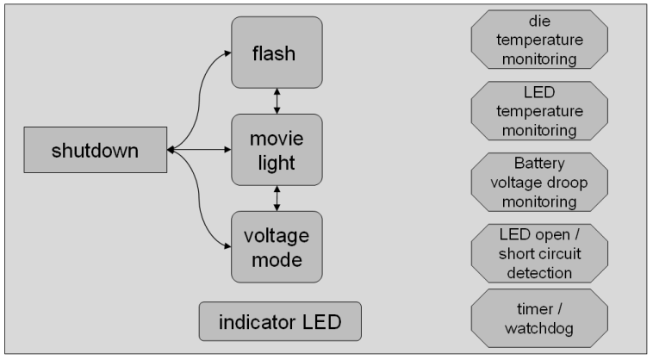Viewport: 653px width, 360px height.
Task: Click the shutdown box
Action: [x=94, y=151]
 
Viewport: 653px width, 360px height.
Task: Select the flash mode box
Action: [x=276, y=54]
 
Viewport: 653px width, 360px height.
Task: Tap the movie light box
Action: [x=276, y=150]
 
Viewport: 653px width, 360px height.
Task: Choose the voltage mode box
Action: [x=276, y=246]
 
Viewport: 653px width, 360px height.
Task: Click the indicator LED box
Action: [x=279, y=322]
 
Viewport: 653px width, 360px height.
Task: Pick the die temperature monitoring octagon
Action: [x=539, y=40]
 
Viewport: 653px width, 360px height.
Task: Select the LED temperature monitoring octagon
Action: [x=539, y=111]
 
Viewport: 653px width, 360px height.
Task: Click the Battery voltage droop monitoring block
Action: [x=539, y=183]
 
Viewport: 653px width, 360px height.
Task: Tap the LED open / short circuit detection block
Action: [x=539, y=254]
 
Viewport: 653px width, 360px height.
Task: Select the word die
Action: [x=539, y=20]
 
